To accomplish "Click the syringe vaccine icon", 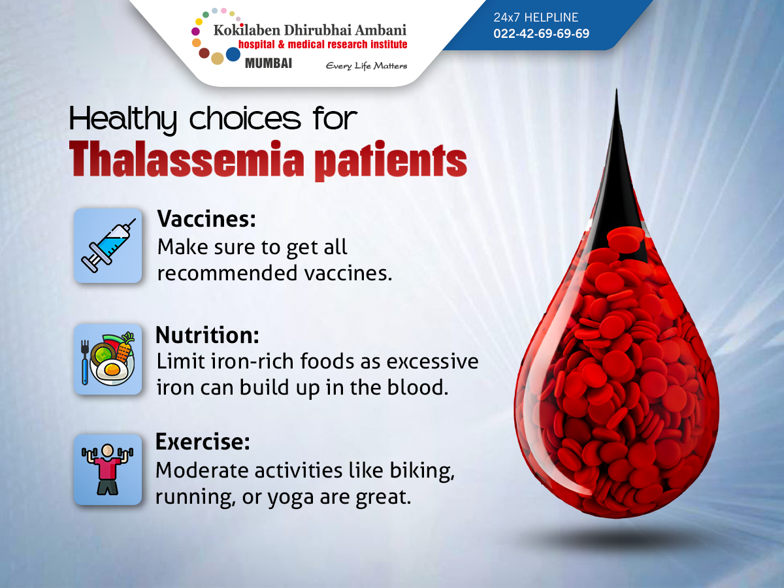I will (x=108, y=246).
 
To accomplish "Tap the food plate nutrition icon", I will (x=108, y=359).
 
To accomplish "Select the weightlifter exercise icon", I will (x=108, y=469).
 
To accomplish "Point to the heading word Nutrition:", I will (x=207, y=335).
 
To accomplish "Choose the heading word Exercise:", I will (x=203, y=442).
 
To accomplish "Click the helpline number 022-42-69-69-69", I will (x=541, y=33).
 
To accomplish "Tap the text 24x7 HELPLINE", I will (x=536, y=18).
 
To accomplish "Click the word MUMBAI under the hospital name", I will (x=268, y=63).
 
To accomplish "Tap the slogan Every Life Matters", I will (x=366, y=65).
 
